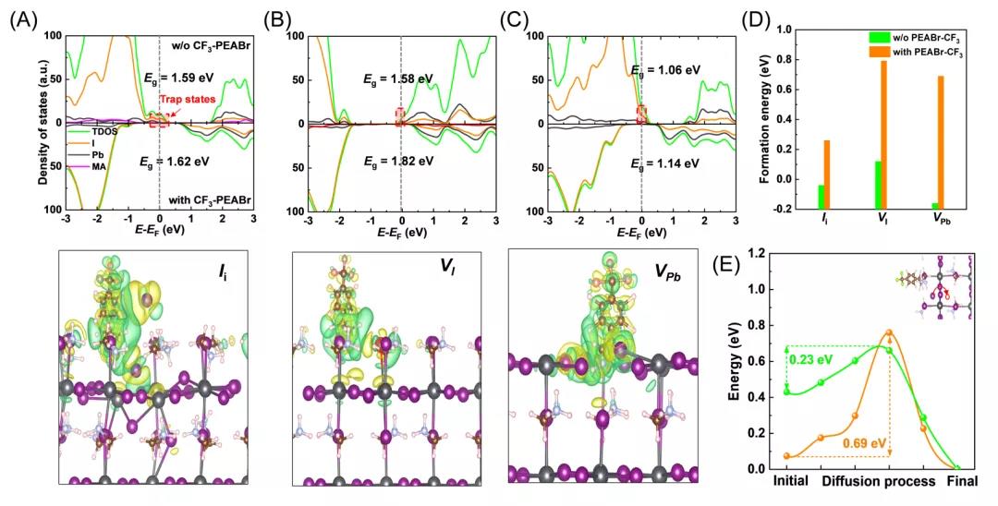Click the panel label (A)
click(x=24, y=17)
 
